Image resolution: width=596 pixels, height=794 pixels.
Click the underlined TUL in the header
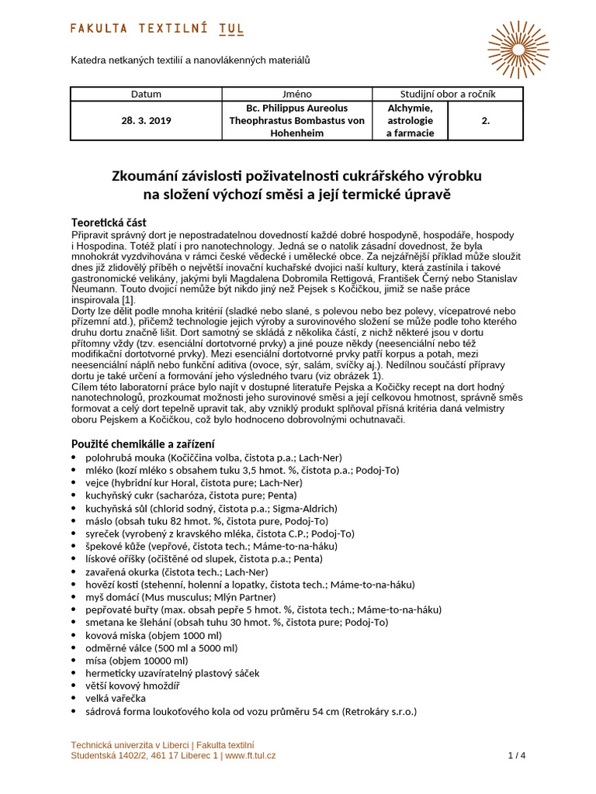[231, 29]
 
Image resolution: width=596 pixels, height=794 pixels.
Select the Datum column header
[146, 94]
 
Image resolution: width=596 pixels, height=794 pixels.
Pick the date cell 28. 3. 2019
[146, 121]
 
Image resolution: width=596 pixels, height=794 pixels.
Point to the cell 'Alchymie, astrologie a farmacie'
[410, 121]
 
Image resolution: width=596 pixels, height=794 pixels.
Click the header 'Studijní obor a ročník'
[448, 94]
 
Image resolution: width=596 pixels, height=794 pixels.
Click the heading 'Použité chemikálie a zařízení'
[143, 444]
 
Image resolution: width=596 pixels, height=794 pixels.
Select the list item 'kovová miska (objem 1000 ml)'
[154, 635]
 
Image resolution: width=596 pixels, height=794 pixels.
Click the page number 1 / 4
[517, 755]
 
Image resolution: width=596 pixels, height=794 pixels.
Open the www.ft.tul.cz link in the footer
[250, 755]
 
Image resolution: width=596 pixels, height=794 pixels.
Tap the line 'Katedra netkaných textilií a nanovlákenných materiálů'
[190, 59]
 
